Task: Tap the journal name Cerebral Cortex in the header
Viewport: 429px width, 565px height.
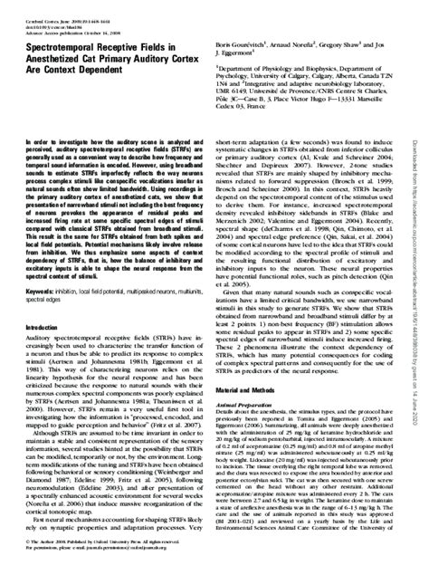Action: pos(40,11)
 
